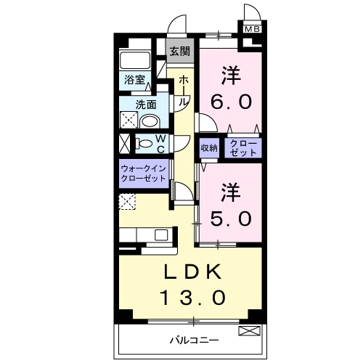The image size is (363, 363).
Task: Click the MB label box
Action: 251,30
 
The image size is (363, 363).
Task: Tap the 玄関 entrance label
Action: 179,52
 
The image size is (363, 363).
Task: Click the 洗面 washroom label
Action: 148,103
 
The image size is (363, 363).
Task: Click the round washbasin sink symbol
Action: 150,121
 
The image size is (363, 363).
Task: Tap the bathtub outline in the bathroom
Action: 135,60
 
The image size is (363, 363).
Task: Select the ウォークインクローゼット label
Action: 144,174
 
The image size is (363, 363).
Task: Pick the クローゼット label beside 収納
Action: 242,147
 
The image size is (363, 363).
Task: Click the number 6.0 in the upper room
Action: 231,101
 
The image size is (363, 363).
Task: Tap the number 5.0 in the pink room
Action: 231,217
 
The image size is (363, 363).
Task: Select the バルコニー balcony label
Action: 195,339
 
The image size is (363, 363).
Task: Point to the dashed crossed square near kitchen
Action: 128,203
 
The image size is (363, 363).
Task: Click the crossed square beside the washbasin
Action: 129,121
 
